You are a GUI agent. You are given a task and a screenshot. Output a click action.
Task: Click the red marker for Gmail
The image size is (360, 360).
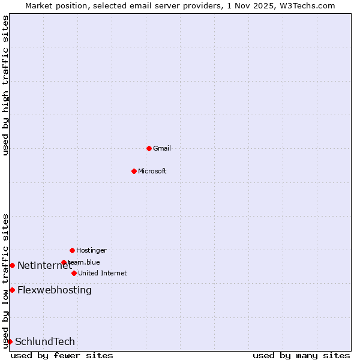point(149,148)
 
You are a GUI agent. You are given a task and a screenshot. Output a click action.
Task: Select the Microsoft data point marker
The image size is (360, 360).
point(134,171)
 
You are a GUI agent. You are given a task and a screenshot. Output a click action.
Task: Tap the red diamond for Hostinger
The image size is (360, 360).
point(72,250)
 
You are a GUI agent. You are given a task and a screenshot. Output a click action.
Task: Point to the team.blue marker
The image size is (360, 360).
point(64,262)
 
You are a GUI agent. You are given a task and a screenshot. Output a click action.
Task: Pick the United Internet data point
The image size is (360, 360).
point(74,273)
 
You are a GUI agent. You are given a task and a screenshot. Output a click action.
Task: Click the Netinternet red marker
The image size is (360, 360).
point(12,265)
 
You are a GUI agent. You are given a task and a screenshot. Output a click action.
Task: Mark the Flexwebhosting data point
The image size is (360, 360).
point(12,290)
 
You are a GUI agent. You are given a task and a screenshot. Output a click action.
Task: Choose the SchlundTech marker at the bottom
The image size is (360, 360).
point(10,341)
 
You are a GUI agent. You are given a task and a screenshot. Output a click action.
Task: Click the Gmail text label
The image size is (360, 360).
point(162,148)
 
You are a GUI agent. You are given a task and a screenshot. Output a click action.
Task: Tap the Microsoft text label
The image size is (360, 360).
point(152,171)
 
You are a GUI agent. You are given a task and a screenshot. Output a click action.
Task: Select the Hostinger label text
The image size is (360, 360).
point(91,250)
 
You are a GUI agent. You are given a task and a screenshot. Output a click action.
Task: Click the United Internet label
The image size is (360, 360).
point(103,273)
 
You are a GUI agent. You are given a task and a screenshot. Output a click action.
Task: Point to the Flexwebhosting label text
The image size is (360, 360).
point(55,290)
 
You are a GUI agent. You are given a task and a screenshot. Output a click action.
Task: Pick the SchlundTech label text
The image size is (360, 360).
point(45,342)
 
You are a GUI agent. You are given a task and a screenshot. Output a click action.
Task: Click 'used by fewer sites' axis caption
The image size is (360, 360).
point(62,355)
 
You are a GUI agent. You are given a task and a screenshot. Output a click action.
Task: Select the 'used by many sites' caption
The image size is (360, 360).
point(301,355)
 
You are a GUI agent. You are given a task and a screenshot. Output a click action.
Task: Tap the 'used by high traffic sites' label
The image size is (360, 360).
point(5,86)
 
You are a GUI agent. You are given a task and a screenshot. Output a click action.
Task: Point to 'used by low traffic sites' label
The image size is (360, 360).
point(5,281)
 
